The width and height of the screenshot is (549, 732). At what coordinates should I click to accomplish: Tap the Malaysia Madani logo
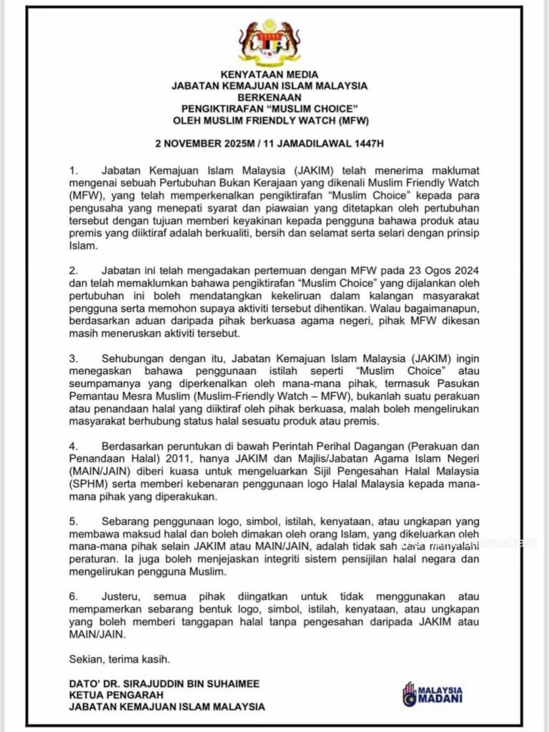[431, 693]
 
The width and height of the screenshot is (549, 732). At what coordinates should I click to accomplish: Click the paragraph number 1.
[71, 172]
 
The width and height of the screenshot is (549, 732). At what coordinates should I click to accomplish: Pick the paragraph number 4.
[71, 441]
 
